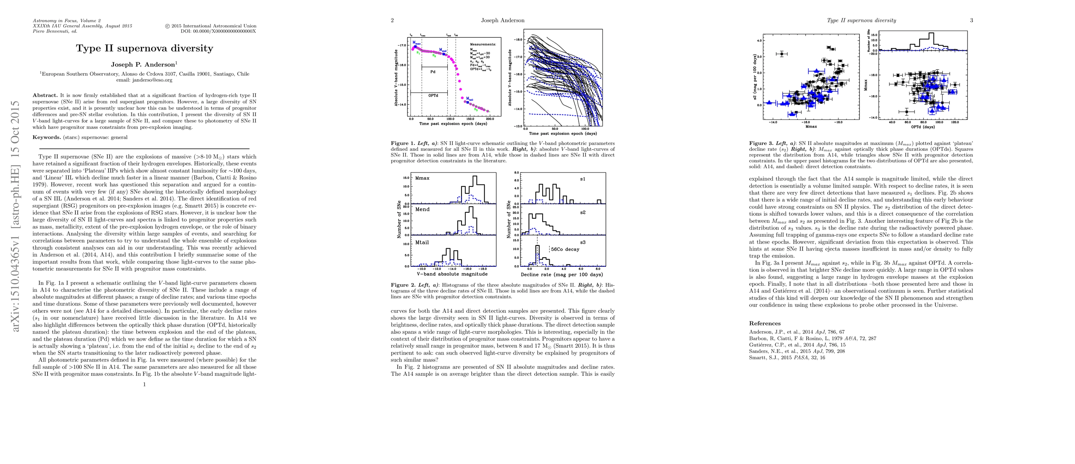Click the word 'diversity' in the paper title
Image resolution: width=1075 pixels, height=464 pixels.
pyautogui.click(x=190, y=48)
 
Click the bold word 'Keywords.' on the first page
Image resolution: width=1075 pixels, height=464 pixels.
pyautogui.click(x=47, y=137)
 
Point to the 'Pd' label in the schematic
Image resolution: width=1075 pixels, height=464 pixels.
pyautogui.click(x=433, y=72)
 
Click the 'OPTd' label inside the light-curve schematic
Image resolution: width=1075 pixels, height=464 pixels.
pyautogui.click(x=433, y=96)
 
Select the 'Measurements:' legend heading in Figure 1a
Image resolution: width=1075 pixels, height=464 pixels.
pyautogui.click(x=483, y=44)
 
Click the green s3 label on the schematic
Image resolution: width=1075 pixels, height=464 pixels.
pyautogui.click(x=476, y=110)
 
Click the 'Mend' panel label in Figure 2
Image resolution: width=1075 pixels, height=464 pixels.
pyautogui.click(x=423, y=210)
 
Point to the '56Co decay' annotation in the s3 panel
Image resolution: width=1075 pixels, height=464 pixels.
pyautogui.click(x=565, y=249)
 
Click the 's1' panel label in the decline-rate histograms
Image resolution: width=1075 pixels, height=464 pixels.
pyautogui.click(x=583, y=179)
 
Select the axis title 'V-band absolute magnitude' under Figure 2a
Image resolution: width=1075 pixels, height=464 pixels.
pyautogui.click(x=452, y=274)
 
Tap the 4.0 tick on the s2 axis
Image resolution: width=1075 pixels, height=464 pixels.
pyautogui.click(x=760, y=41)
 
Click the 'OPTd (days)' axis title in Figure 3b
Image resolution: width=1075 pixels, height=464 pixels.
pyautogui.click(x=923, y=127)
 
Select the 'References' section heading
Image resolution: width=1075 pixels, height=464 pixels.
pyautogui.click(x=765, y=323)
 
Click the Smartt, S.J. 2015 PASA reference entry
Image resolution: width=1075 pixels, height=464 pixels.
pyautogui.click(x=787, y=358)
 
